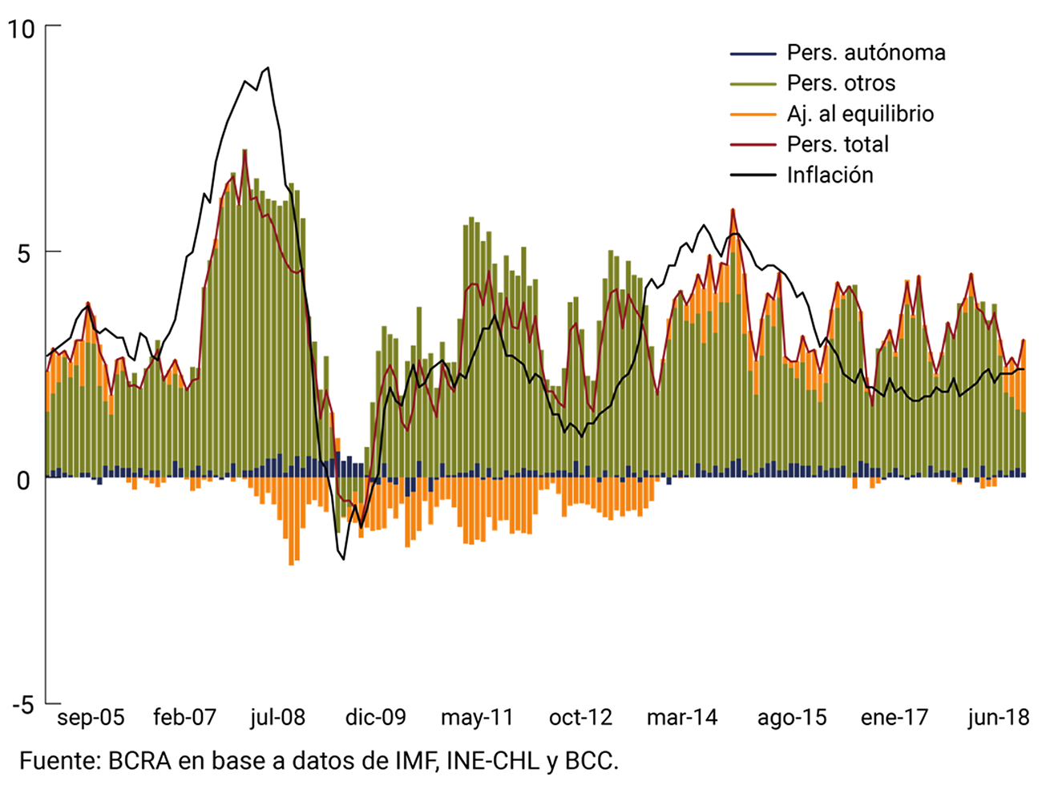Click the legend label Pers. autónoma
point(866,53)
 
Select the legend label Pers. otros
point(841,83)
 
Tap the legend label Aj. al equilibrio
point(860,114)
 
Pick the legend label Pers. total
point(838,144)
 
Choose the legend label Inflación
point(830,175)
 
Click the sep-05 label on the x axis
point(91,717)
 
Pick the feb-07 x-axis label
point(184,717)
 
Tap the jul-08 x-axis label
point(277,717)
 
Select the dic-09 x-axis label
point(376,717)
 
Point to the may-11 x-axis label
point(477,717)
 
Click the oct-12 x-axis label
point(580,717)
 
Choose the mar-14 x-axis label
point(682,717)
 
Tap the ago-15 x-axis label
point(792,717)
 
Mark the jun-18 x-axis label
point(998,717)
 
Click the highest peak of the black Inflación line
point(268,68)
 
